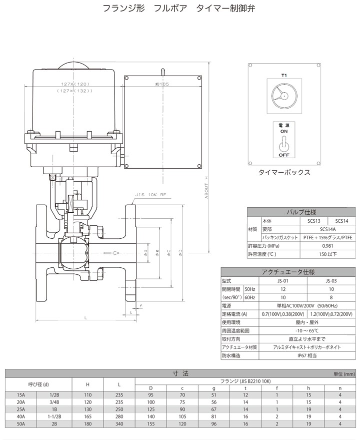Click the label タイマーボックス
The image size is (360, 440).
click(x=284, y=172)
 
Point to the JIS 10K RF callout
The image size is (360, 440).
click(x=148, y=196)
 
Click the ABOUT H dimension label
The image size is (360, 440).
click(x=206, y=188)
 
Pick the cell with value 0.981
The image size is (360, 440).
click(x=327, y=246)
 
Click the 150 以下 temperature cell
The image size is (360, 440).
click(x=327, y=254)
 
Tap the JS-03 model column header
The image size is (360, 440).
click(x=330, y=281)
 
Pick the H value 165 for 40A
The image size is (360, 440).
click(x=88, y=415)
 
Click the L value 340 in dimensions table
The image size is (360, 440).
click(x=119, y=423)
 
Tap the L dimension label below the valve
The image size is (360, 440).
click(x=85, y=317)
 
